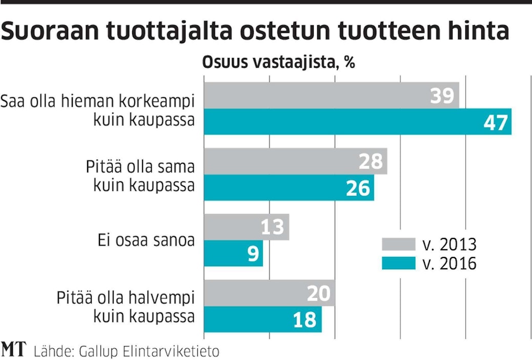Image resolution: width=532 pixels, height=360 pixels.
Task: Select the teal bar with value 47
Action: (x=357, y=122)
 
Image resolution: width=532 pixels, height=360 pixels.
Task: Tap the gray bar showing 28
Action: (x=295, y=162)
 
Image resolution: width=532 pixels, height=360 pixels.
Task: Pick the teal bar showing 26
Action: (x=289, y=188)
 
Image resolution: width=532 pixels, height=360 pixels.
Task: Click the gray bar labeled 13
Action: (x=247, y=227)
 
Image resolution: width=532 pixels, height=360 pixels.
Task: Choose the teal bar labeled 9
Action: (x=233, y=253)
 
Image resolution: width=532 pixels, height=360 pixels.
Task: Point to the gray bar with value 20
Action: (x=269, y=293)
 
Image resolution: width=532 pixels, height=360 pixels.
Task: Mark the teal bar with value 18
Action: (x=262, y=319)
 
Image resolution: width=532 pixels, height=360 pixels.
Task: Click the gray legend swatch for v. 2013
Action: (x=398, y=243)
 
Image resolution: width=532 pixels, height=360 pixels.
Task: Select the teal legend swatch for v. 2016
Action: (x=398, y=263)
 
